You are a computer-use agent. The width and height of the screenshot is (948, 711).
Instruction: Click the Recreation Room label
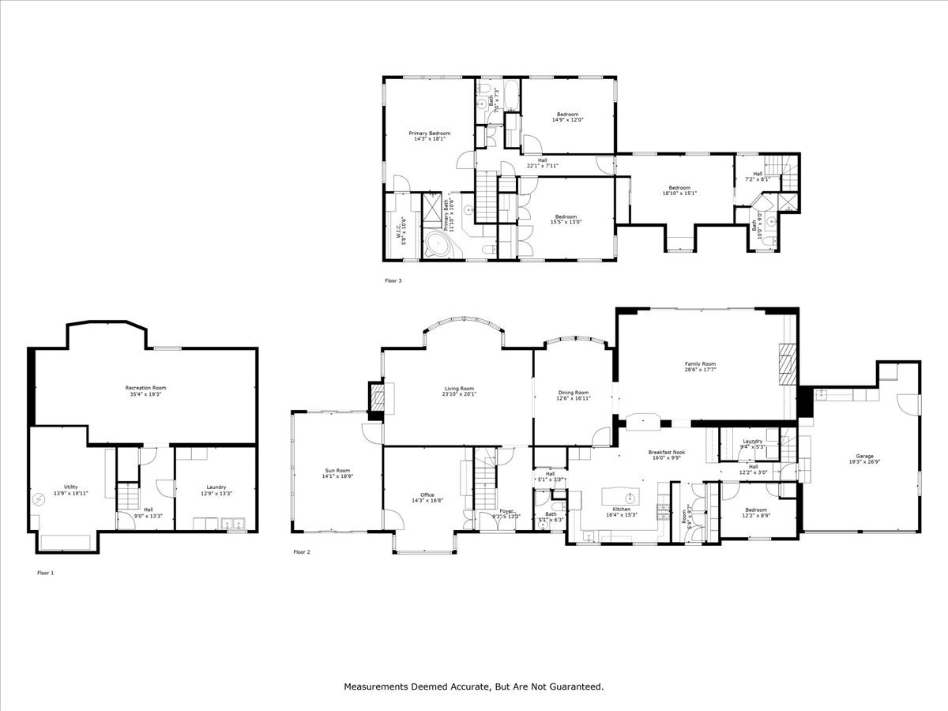(x=146, y=388)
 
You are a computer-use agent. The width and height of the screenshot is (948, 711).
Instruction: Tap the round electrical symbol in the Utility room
(x=40, y=498)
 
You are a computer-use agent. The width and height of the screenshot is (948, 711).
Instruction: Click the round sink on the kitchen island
(x=630, y=498)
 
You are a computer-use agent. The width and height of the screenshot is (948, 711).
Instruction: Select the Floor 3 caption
(x=393, y=280)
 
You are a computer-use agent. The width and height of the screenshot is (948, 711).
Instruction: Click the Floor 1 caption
(x=46, y=572)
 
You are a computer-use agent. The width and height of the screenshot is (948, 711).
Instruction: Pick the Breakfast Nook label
(x=668, y=453)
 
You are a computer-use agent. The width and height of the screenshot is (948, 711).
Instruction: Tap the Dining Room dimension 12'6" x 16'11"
(x=574, y=399)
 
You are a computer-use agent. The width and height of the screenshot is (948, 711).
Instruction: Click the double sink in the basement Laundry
(x=233, y=522)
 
